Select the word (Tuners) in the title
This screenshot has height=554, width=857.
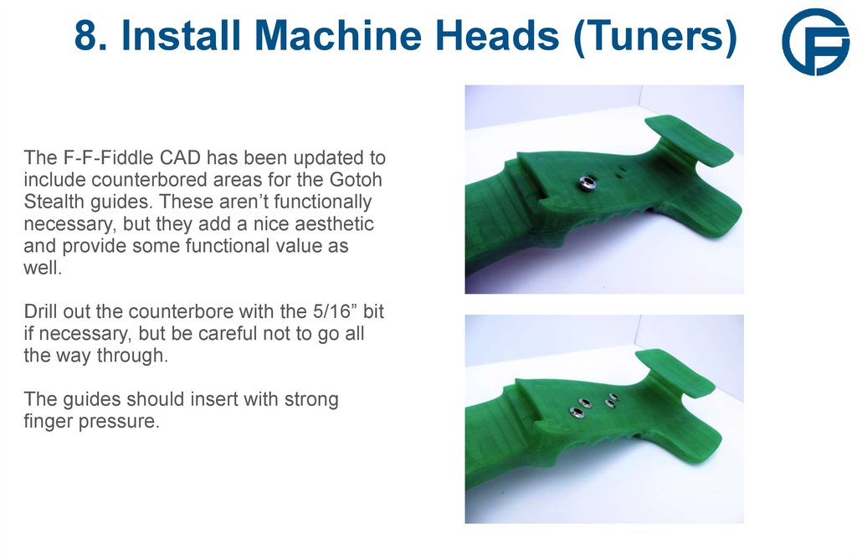click(655, 37)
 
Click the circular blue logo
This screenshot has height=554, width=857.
click(815, 42)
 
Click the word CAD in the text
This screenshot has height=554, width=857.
click(184, 157)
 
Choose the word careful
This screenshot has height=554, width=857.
click(243, 335)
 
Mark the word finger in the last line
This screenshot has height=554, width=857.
click(48, 421)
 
